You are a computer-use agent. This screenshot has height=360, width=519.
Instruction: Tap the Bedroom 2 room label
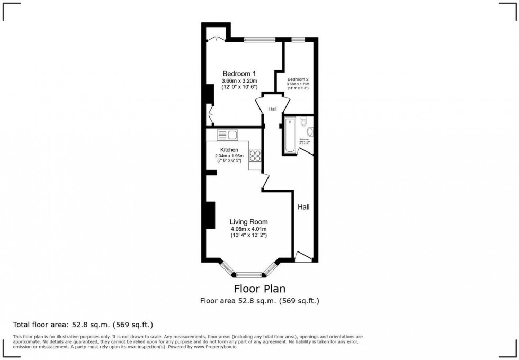pos(297,78)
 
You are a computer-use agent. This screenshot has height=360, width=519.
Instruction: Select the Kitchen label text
pos(229,150)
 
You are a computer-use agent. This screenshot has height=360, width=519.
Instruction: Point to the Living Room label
pos(248,222)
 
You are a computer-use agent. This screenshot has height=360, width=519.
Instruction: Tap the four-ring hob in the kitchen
pos(255,156)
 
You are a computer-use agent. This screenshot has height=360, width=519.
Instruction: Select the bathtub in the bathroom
pos(290,136)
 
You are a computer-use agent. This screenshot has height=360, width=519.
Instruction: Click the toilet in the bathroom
pos(303,122)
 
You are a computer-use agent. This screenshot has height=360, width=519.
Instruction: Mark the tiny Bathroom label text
pos(304,140)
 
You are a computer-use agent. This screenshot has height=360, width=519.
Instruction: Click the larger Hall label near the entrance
pos(303,207)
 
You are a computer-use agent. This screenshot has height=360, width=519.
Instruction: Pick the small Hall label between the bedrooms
pos(273,109)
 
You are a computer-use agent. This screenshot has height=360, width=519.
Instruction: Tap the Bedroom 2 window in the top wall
pos(298,39)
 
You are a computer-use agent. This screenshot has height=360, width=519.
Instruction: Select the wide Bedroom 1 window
pos(259,39)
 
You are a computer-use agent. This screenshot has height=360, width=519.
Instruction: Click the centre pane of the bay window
pos(249,275)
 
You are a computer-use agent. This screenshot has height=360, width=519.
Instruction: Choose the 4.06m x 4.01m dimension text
pos(248,229)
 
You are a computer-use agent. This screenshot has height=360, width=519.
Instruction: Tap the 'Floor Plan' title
pos(259,289)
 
